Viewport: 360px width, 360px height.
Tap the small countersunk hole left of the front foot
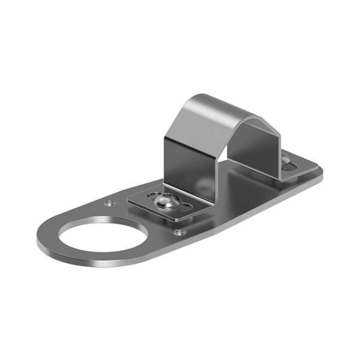pos(109,203)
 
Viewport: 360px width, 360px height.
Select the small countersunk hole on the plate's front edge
pos(179,232)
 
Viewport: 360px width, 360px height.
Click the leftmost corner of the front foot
pos(130,202)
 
